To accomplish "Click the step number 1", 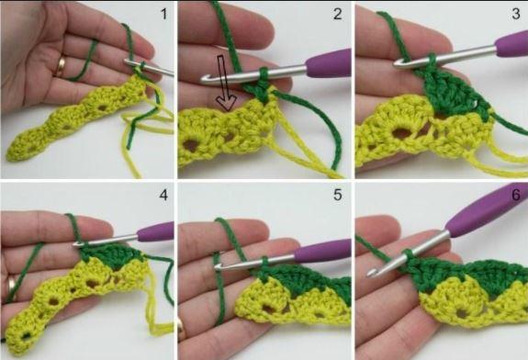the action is click(164, 14).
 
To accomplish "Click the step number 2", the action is click(337, 14).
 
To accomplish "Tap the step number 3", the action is click(515, 14).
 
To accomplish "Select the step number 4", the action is click(163, 195).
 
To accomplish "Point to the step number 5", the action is click(337, 195).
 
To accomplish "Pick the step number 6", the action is click(516, 195).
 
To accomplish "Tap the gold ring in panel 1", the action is click(61, 67).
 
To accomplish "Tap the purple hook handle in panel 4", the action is click(155, 231).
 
